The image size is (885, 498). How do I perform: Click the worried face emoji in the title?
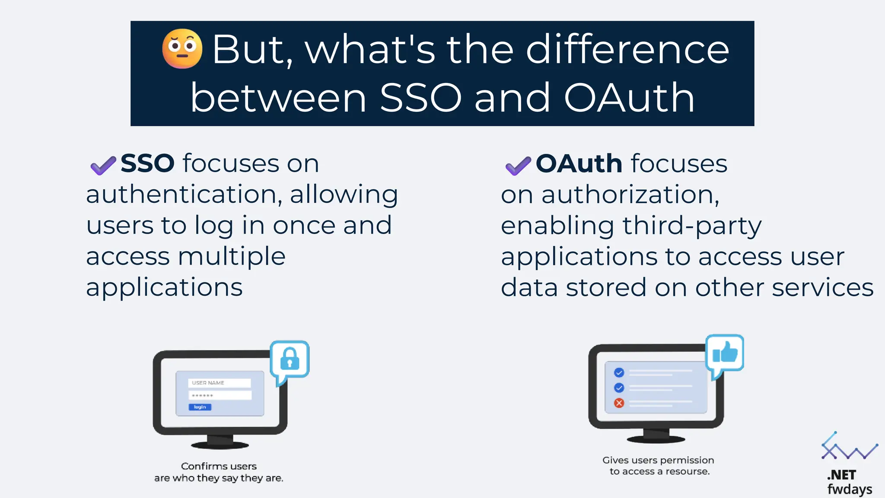pos(182,49)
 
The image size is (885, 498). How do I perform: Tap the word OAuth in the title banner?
pos(629,98)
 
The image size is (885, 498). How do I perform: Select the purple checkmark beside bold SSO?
pos(103,165)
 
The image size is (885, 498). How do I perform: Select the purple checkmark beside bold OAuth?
pos(518,166)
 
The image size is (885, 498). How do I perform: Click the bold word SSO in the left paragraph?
pos(147,163)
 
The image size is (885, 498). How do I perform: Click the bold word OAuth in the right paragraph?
pos(579,163)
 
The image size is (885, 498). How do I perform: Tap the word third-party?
pos(691,226)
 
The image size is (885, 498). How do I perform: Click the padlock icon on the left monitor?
pos(290,359)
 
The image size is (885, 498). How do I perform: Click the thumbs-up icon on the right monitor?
pos(725,353)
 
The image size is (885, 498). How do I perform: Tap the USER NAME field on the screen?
pos(220,383)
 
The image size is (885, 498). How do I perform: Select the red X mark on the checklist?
pos(619,403)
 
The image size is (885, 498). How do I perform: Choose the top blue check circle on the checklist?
pos(619,372)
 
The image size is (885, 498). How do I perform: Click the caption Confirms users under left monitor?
pos(219,466)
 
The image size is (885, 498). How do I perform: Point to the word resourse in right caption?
pos(687,472)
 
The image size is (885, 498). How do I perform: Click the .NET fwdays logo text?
pos(849,482)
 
